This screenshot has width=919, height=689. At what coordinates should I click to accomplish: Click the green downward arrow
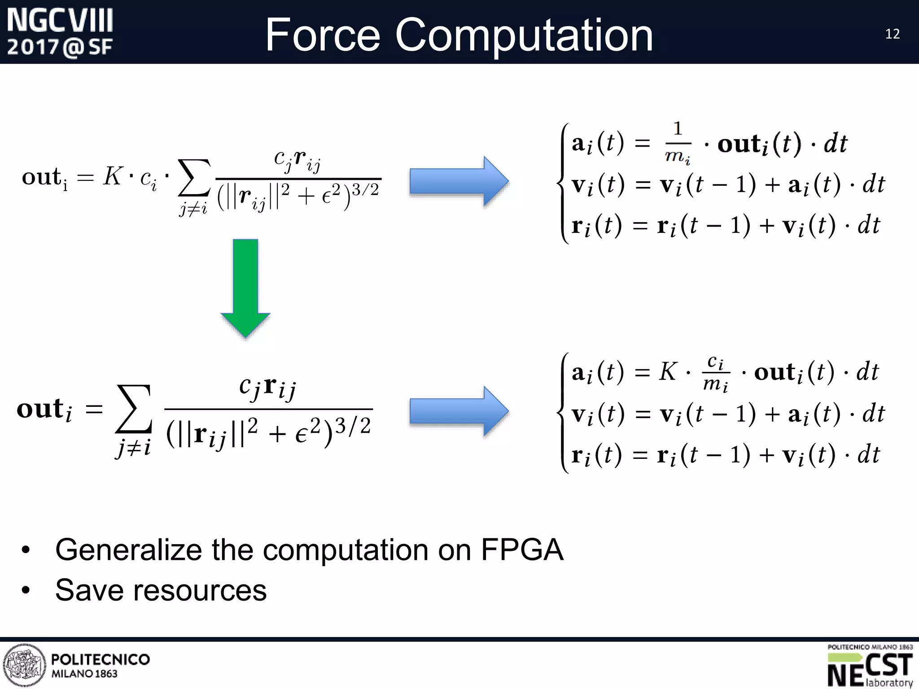[x=245, y=287]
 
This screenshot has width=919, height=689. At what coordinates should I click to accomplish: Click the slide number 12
[x=892, y=34]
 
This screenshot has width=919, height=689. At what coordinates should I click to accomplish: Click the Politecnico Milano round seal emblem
[x=24, y=665]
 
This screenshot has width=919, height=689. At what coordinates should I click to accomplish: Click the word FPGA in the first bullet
[x=522, y=549]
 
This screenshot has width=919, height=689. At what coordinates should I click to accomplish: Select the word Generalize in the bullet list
[x=129, y=549]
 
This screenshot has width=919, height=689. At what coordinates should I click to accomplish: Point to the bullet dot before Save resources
[x=26, y=590]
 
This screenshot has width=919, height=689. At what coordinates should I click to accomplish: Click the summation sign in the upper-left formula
[x=194, y=178]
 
